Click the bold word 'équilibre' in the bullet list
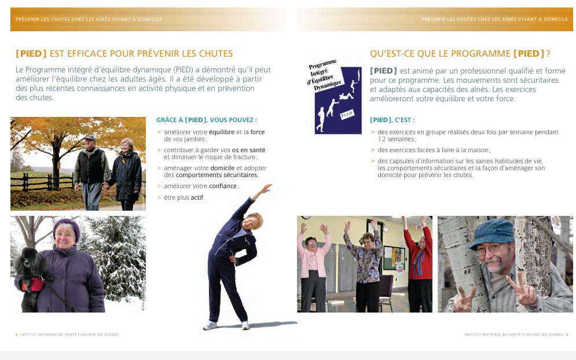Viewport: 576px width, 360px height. pyautogui.click(x=222, y=132)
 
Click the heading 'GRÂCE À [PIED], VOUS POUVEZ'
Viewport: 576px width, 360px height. pyautogui.click(x=207, y=120)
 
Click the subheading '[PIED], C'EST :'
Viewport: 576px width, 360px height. pyautogui.click(x=392, y=120)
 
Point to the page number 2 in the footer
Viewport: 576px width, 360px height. pyautogui.click(x=16, y=334)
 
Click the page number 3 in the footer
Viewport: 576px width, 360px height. pyautogui.click(x=567, y=334)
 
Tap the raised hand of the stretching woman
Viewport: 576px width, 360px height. pyautogui.click(x=266, y=188)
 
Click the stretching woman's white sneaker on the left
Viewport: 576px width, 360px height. pyautogui.click(x=210, y=325)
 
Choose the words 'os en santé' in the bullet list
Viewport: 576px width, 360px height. pyautogui.click(x=248, y=150)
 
